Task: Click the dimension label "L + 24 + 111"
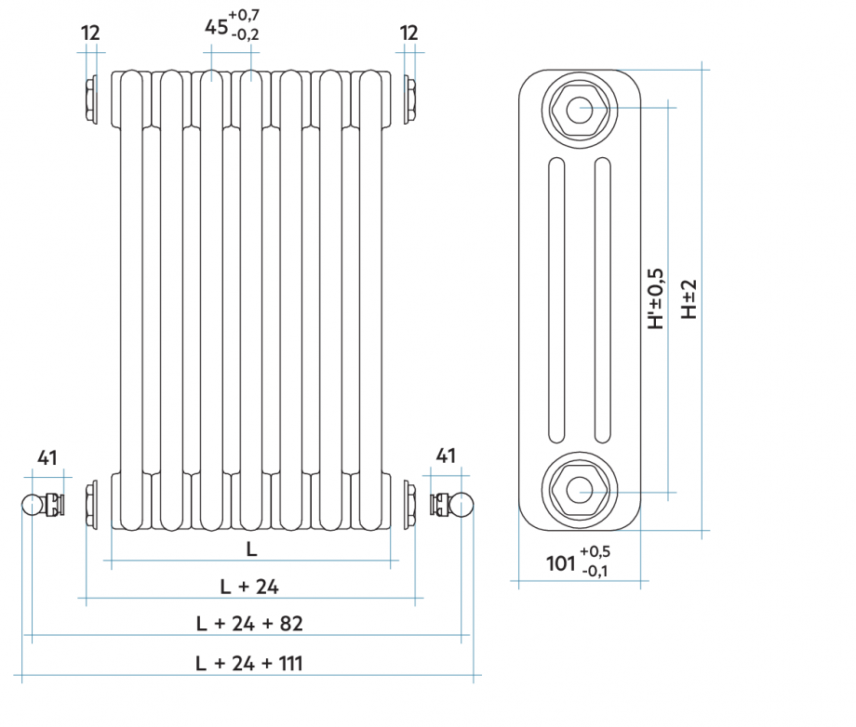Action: coord(249,663)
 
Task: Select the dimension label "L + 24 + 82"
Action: coord(249,623)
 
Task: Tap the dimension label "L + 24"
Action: coord(249,586)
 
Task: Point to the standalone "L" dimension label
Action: coord(251,549)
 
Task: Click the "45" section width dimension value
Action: coord(217,27)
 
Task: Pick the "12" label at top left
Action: coord(90,33)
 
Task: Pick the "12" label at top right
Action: coord(409,33)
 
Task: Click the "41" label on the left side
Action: coord(47,457)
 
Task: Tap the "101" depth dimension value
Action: coord(559,562)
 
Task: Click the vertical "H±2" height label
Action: coord(689,299)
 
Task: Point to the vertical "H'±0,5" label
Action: coord(657,299)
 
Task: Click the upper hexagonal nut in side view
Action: coord(579,108)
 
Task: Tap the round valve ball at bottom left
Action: coord(33,505)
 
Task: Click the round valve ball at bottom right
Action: coord(462,505)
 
